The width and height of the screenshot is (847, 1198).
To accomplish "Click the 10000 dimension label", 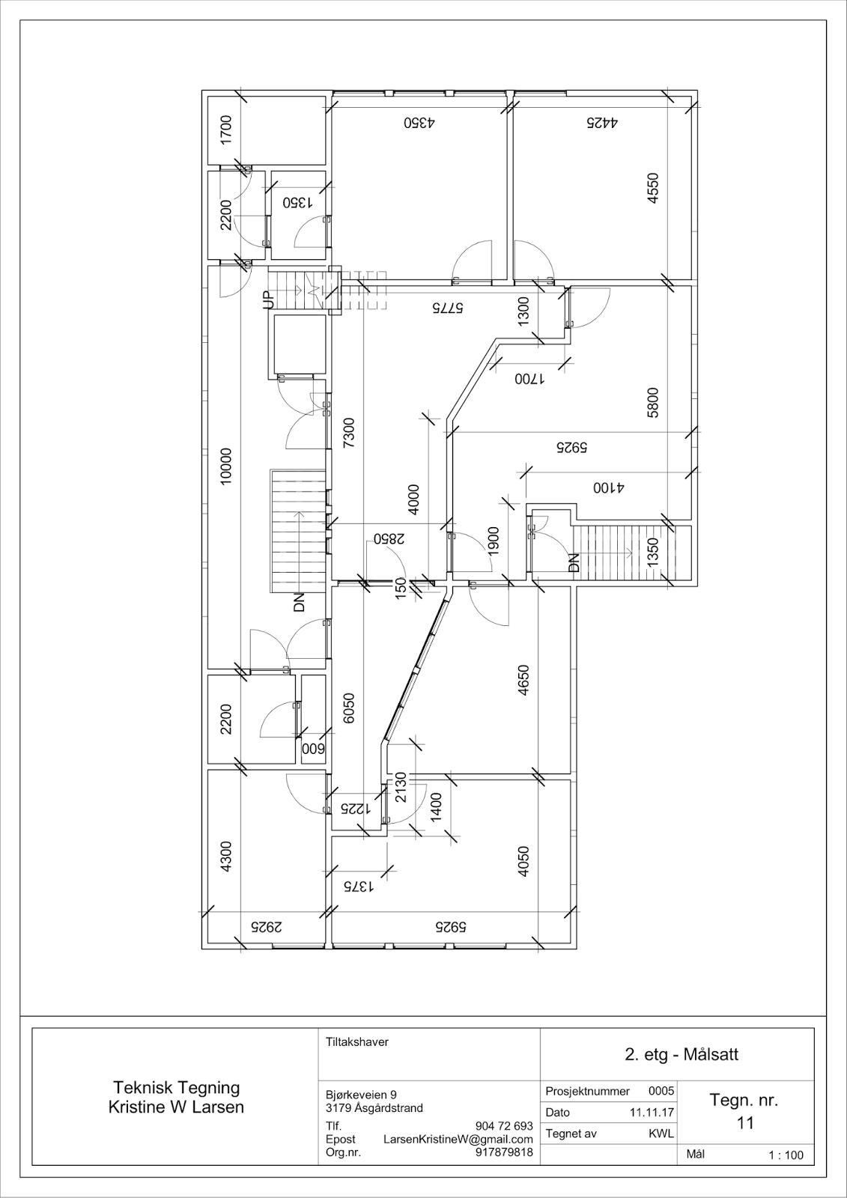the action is click(227, 466).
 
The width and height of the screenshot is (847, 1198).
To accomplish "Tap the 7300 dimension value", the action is click(349, 433).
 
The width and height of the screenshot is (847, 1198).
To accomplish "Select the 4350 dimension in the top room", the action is click(419, 123).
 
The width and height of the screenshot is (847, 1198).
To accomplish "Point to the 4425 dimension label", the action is click(602, 123).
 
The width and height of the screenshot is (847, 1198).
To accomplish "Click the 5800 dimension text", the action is click(653, 402).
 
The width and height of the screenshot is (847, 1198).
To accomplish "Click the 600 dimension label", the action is click(314, 748).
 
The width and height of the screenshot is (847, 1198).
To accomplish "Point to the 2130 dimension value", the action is click(401, 787).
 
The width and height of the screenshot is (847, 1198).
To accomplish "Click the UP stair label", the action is click(269, 299).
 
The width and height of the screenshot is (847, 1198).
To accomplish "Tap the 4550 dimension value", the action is click(653, 188).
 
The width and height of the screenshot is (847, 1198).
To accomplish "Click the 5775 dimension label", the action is click(448, 308).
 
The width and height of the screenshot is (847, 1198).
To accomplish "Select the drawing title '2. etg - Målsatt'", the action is click(681, 1054).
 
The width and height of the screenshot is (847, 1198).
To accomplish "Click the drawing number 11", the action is click(745, 1122).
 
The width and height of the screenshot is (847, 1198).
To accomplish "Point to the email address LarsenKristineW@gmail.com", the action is click(458, 1140).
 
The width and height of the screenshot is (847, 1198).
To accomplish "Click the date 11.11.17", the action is click(652, 1113).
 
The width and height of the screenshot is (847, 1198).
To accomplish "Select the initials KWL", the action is click(661, 1134).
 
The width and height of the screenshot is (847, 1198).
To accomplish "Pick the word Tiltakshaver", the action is click(357, 1042).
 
